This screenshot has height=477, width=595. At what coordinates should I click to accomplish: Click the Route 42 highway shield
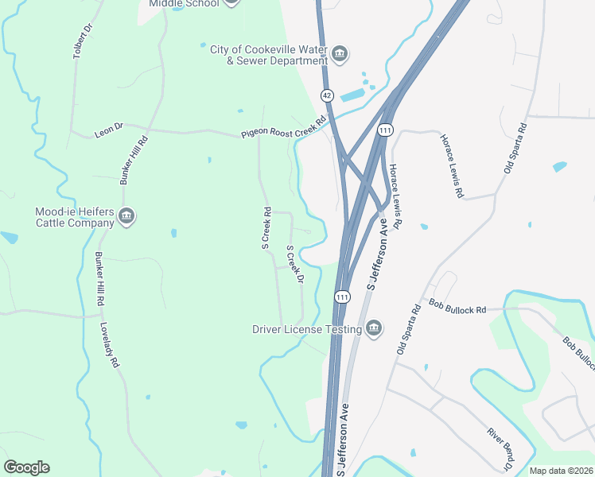pyautogui.click(x=326, y=95)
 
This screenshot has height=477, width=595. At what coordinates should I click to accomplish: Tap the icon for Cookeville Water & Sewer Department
pyautogui.click(x=340, y=54)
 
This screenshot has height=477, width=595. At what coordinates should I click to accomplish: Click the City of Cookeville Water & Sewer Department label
pyautogui.click(x=268, y=54)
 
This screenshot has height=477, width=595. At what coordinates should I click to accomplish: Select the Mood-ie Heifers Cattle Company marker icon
pyautogui.click(x=126, y=217)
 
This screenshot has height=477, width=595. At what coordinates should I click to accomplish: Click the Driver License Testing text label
pyautogui.click(x=307, y=328)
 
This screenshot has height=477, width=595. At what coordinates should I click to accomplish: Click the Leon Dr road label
pyautogui.click(x=109, y=126)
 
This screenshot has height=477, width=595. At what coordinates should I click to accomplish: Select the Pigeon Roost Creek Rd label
pyautogui.click(x=285, y=128)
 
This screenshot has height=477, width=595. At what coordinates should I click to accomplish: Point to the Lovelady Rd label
pyautogui.click(x=110, y=344)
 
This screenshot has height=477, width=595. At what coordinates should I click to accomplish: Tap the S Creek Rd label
pyautogui.click(x=267, y=228)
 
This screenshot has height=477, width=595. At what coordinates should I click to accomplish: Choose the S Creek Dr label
pyautogui.click(x=295, y=264)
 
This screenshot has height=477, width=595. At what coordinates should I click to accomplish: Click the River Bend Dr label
pyautogui.click(x=501, y=448)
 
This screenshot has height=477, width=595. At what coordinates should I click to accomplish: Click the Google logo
pyautogui.click(x=26, y=467)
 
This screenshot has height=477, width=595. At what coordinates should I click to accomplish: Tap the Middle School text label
pyautogui.click(x=183, y=3)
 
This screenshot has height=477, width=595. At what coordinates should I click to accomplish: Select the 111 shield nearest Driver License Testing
pyautogui.click(x=342, y=297)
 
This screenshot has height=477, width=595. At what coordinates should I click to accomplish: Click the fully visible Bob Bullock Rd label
pyautogui.click(x=457, y=305)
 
